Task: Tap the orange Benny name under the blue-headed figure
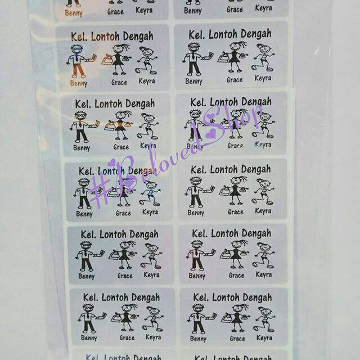click(79, 83)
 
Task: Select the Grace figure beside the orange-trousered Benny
click(119, 60)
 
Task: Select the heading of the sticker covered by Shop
click(230, 102)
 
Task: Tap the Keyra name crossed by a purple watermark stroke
click(263, 145)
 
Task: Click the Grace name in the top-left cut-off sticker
click(115, 11)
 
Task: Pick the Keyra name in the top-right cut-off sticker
click(263, 8)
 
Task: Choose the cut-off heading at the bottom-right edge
click(233, 357)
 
